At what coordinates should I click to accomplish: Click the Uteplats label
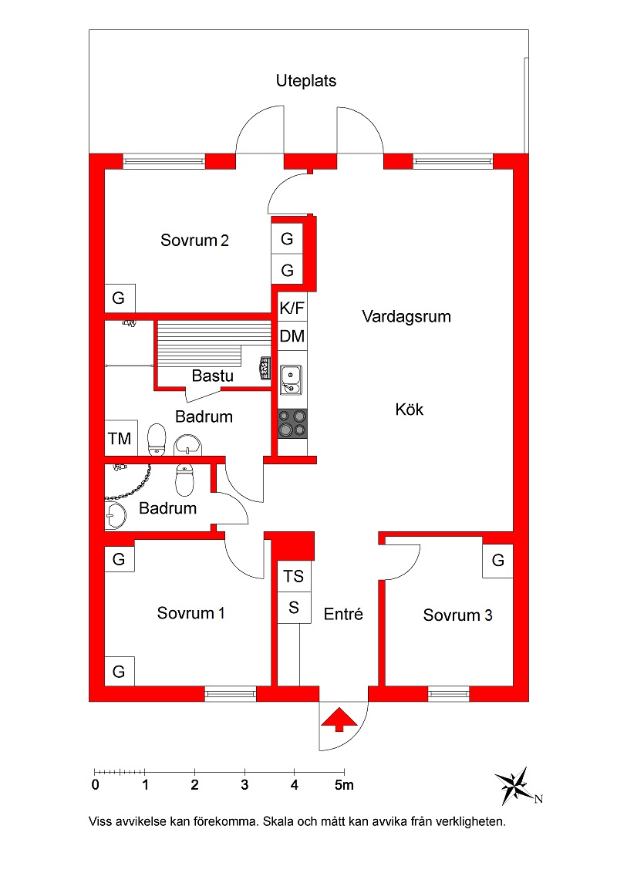coord(306,81)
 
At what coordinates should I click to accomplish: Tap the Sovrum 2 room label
coord(194,240)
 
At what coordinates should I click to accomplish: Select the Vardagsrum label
coord(406,316)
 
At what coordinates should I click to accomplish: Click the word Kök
coord(410,410)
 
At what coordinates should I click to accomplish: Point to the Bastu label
coord(212,376)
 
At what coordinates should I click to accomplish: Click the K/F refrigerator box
coord(292,308)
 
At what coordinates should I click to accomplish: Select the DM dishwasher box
coord(292,336)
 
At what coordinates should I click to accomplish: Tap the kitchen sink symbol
coord(291,379)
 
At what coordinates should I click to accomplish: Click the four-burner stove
coord(292,423)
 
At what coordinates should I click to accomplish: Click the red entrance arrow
coord(339,720)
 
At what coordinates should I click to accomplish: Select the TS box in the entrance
coord(294,576)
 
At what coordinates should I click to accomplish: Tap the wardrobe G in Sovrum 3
coord(497,560)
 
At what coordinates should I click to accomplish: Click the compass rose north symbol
coord(515,786)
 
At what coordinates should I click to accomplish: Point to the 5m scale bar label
coord(344,785)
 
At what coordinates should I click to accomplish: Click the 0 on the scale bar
coord(95,785)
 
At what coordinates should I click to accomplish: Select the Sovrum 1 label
coord(190,613)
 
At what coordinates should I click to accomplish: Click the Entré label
coord(343,614)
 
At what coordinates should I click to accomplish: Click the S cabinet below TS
coord(294,608)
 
